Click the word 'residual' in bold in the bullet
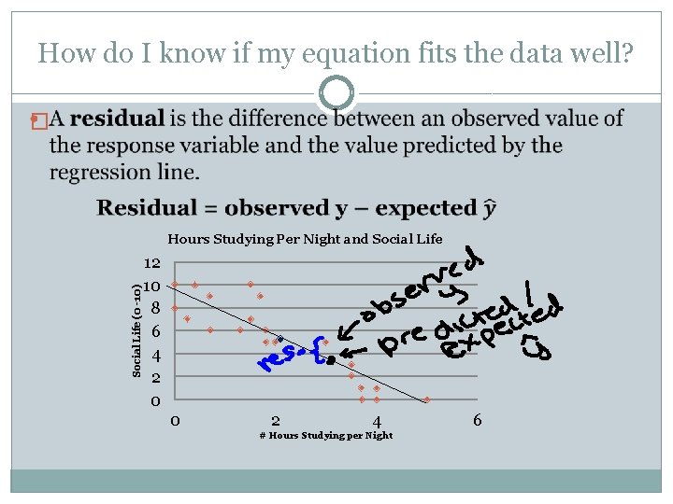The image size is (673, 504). (118, 119)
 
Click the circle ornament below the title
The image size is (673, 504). (336, 93)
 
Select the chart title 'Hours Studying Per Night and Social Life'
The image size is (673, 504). (305, 239)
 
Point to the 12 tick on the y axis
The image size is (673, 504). (152, 265)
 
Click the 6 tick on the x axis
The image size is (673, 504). (477, 421)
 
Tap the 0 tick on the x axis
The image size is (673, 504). (175, 421)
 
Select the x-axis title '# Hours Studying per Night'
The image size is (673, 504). (325, 436)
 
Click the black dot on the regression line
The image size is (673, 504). (331, 360)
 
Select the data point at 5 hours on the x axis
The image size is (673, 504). (427, 399)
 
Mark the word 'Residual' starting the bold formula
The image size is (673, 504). (148, 208)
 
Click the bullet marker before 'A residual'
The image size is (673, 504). (36, 120)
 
